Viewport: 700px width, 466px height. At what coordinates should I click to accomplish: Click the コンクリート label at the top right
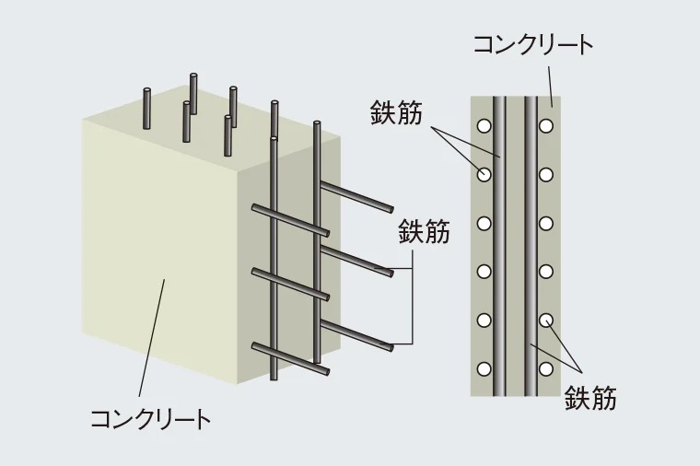click(x=532, y=44)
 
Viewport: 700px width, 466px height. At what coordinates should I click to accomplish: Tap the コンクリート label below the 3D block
click(x=150, y=420)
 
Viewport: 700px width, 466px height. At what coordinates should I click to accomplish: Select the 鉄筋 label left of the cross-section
click(x=396, y=114)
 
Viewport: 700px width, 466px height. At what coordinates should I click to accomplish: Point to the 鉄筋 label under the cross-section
click(x=590, y=398)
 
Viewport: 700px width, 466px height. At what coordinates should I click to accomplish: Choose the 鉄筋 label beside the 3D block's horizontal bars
click(x=424, y=231)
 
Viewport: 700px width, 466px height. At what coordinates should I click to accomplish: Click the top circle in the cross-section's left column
click(x=484, y=124)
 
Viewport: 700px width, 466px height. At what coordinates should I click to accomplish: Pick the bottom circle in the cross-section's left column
click(x=484, y=369)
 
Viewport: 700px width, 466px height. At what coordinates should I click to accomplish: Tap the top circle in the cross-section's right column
click(x=546, y=124)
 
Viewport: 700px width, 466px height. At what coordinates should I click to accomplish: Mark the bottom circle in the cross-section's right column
click(x=546, y=369)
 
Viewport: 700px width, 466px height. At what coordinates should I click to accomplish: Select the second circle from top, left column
click(x=484, y=173)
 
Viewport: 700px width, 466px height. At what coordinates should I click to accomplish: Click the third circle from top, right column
click(x=546, y=222)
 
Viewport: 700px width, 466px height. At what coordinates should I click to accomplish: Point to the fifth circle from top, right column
click(x=546, y=320)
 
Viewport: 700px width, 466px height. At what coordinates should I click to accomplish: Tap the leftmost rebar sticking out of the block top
click(x=147, y=108)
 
